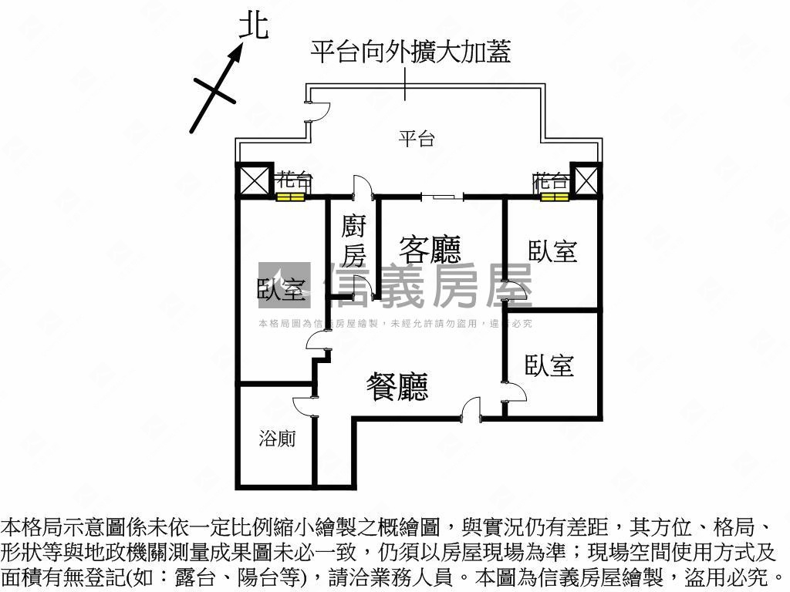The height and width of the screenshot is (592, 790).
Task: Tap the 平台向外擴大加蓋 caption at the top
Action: (410, 52)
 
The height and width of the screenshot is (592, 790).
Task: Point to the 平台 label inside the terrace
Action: (417, 139)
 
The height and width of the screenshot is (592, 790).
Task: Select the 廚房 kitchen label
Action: (354, 240)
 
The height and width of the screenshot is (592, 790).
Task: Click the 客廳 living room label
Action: (430, 249)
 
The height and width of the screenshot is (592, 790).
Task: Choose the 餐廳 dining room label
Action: (397, 387)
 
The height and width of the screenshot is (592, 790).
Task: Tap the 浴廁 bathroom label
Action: (276, 439)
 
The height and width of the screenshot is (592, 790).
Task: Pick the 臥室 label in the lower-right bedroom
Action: (549, 365)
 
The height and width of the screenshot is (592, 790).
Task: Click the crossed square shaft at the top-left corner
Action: (254, 181)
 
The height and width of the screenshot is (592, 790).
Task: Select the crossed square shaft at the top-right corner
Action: (585, 181)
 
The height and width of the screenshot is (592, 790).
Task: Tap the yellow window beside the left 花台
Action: (291, 197)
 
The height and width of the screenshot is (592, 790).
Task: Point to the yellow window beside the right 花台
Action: (553, 197)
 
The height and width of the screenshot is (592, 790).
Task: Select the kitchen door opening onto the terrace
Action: (363, 188)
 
